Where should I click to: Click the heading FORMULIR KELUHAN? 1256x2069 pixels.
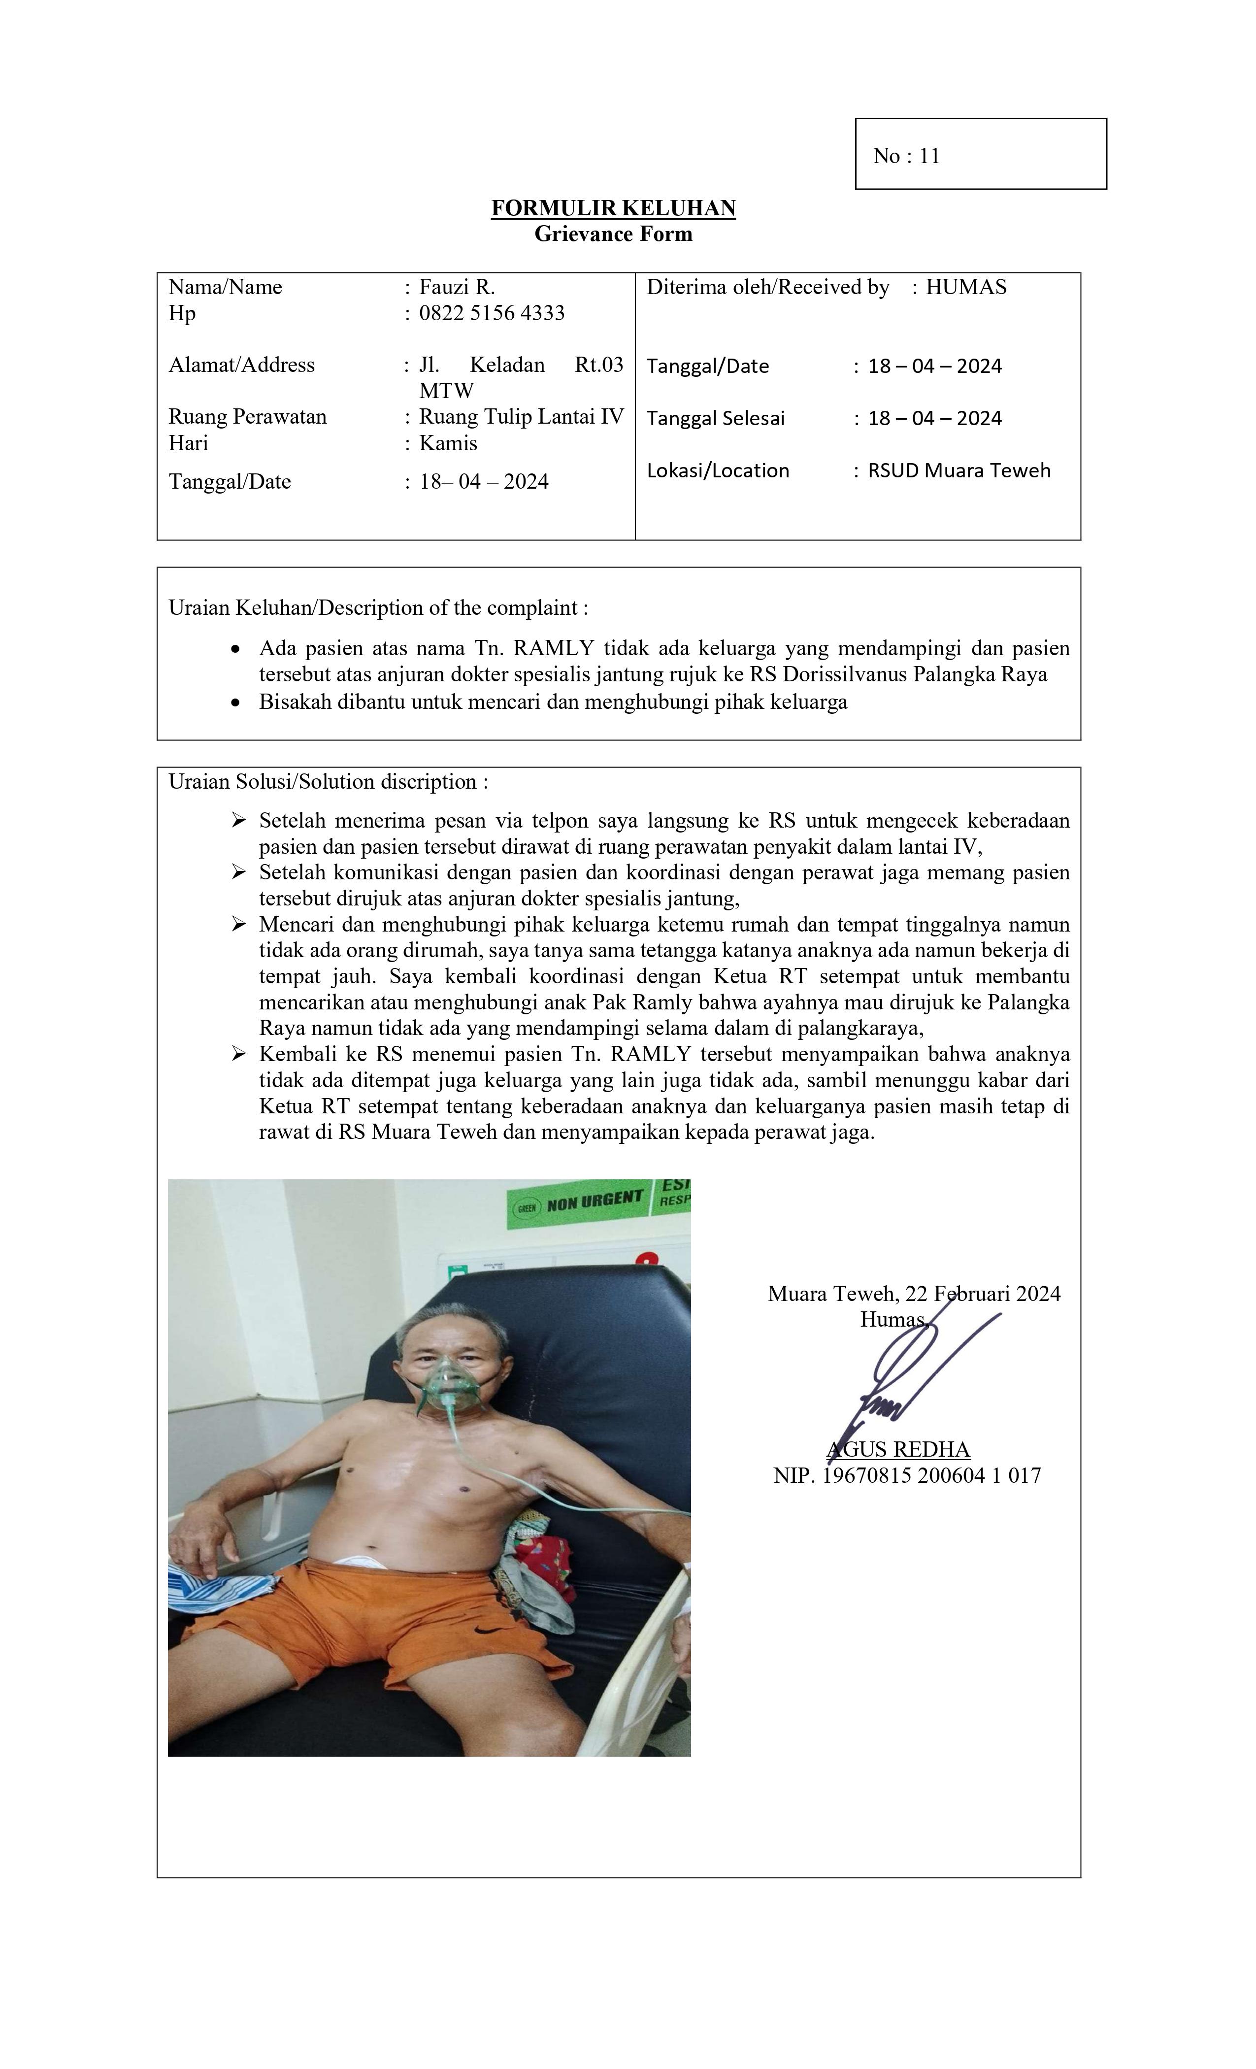point(613,208)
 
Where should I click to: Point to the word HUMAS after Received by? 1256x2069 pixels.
point(965,287)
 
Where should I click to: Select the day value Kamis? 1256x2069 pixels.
point(448,443)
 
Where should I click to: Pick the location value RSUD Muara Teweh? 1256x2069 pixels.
point(959,470)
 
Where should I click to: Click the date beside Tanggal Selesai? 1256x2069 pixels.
point(934,418)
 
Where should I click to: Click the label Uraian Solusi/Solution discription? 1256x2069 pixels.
point(328,782)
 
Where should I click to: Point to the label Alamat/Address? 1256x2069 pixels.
point(242,365)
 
